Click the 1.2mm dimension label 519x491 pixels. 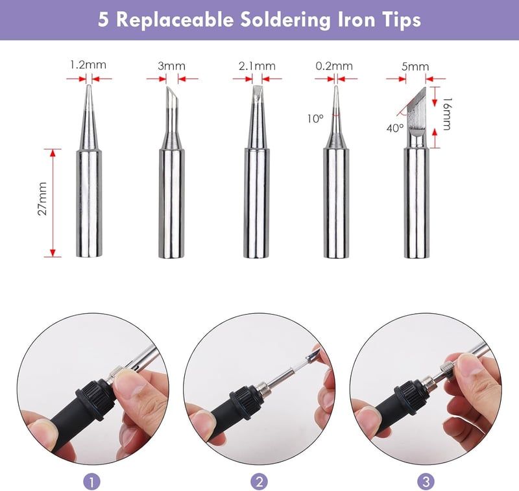point(88,64)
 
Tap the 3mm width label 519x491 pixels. point(171,66)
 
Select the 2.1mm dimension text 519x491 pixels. point(257,66)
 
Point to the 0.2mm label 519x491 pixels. point(334,66)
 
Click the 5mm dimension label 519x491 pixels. point(415,67)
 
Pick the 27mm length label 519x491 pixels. point(42,198)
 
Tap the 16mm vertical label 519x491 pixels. point(447,114)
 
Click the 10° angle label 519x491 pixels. point(315,119)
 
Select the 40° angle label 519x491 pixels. point(395,128)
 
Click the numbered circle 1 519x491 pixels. point(91,481)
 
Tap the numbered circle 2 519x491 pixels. point(259,481)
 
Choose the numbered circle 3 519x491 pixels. point(426,481)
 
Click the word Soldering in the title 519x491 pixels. point(285,20)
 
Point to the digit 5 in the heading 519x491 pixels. point(103,19)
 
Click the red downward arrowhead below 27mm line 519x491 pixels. point(53,253)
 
